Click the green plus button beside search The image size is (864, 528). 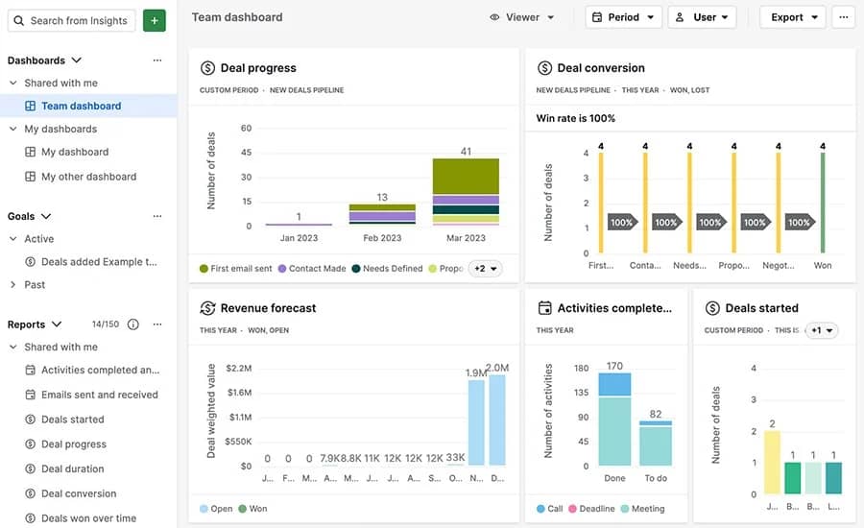pos(154,20)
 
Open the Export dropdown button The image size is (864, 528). pos(792,17)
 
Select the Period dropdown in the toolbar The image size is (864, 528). pos(623,17)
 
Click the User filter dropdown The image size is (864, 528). pos(702,17)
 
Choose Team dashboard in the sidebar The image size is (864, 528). pos(81,106)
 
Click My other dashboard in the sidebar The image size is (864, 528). pos(88,177)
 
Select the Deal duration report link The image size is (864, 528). pos(72,468)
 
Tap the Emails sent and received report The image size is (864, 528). pos(99,395)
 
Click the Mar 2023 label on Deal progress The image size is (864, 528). pos(466,238)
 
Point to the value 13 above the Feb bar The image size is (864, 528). pos(382,197)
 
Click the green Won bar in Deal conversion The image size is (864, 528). pos(823,202)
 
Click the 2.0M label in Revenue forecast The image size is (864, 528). pos(497,368)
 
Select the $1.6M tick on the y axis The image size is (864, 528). pos(239,393)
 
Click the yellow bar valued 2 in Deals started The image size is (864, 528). pos(772,462)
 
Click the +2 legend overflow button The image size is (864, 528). pos(486,269)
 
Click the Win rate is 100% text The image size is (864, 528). pos(575,118)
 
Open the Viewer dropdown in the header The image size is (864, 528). pos(522,17)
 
